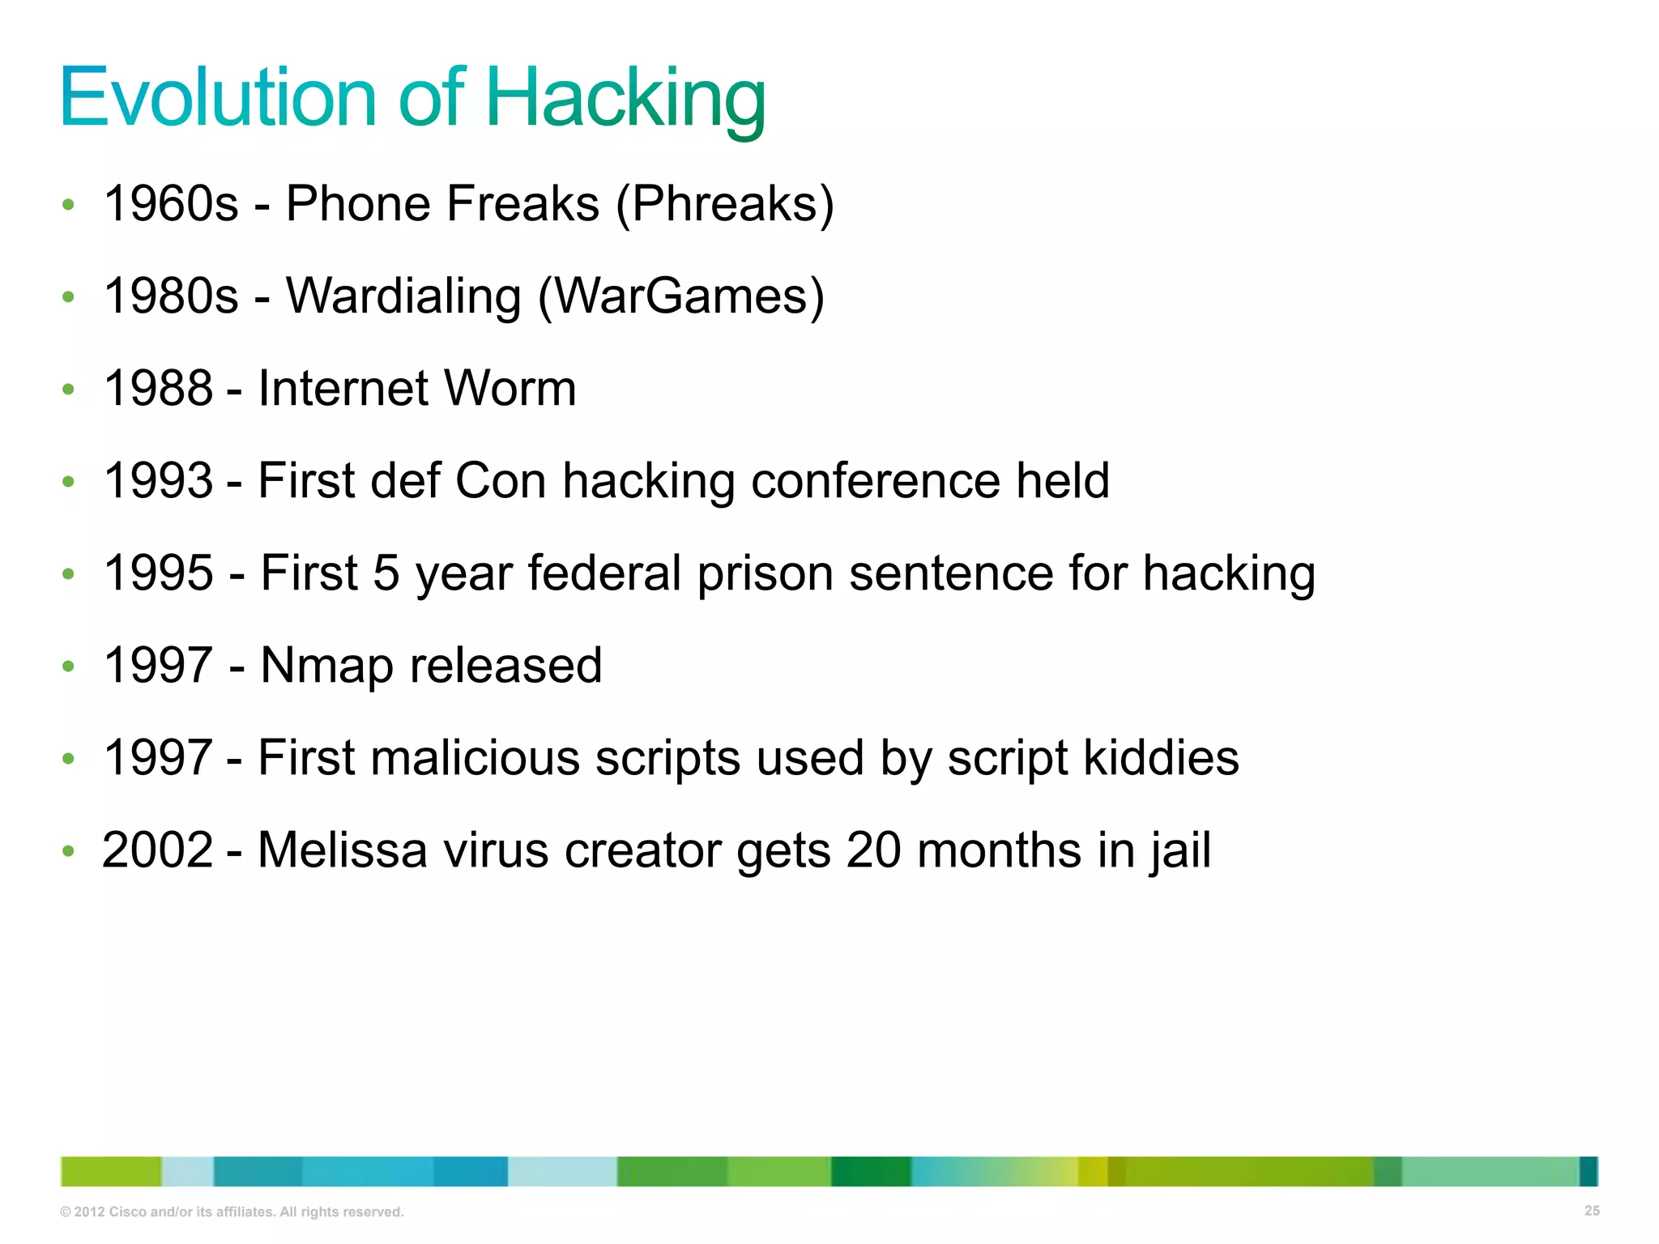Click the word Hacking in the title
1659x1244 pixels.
coord(625,99)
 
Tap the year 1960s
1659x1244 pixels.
coord(171,203)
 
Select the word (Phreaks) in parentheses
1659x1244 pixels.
coord(725,203)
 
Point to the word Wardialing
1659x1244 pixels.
coord(403,296)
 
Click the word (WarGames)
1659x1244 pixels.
coord(681,296)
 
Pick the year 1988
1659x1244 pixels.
coord(159,388)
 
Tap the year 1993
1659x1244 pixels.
coord(159,480)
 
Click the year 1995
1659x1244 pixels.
coord(159,573)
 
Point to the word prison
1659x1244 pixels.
coord(765,574)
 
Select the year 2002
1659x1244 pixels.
coord(158,850)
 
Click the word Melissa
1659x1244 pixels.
coord(342,850)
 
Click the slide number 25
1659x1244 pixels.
coord(1591,1211)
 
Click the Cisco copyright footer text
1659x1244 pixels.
coord(232,1212)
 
